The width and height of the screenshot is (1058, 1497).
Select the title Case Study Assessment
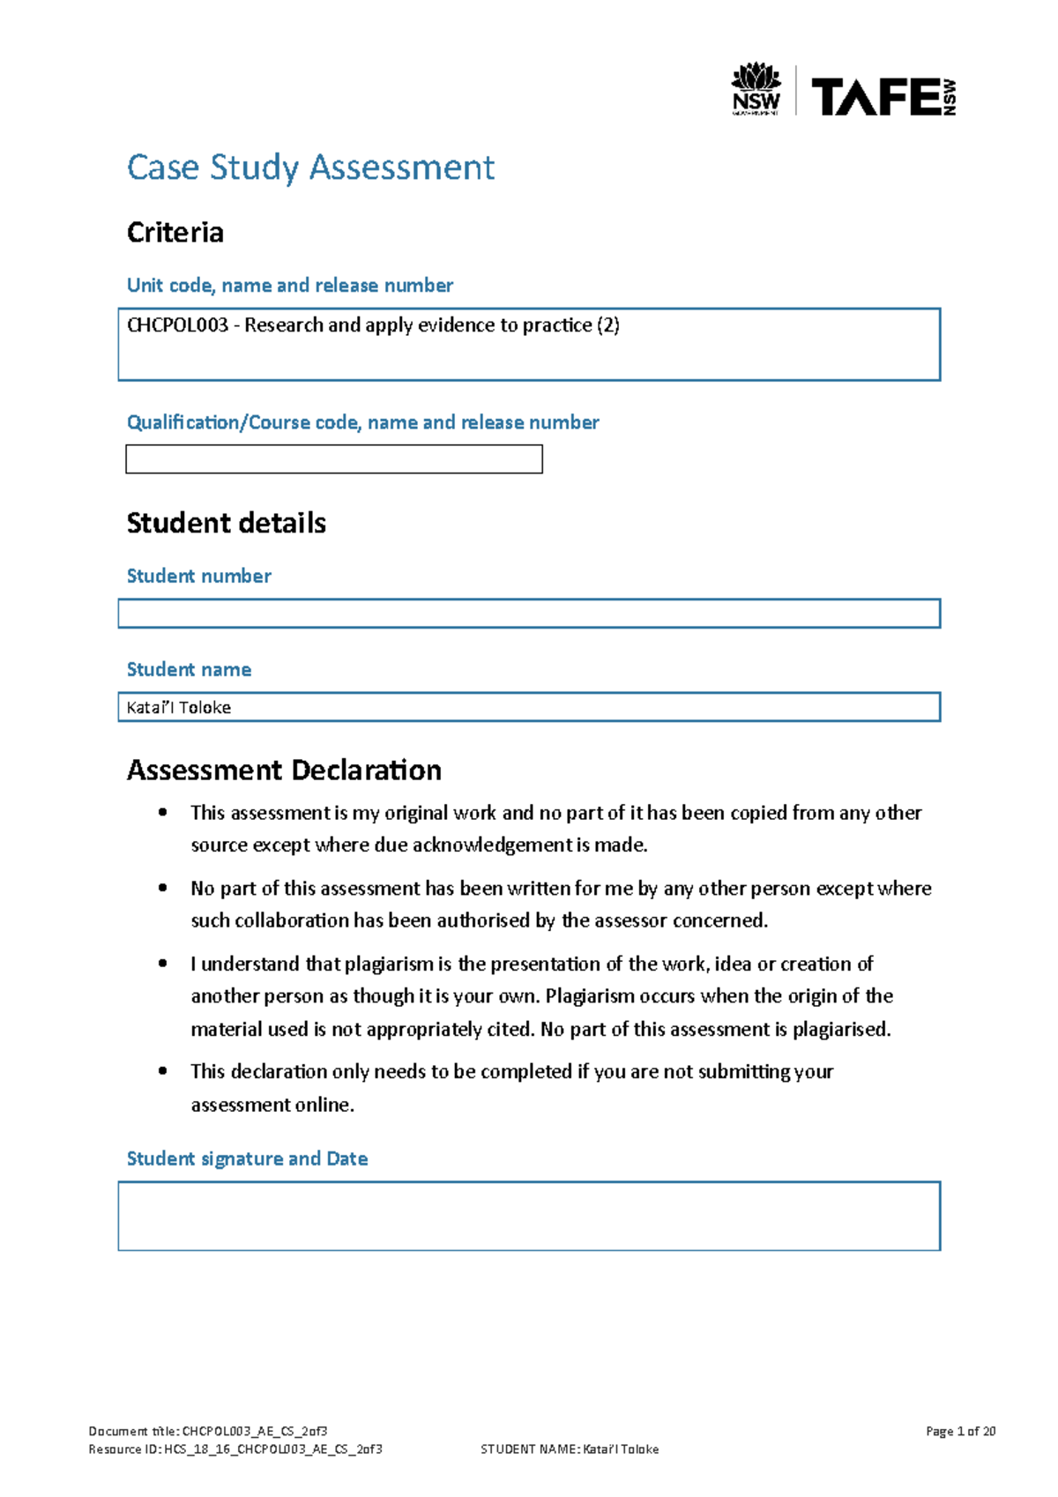[310, 168]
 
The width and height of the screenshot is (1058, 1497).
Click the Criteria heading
[175, 233]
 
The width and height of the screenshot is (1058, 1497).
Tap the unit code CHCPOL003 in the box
[177, 325]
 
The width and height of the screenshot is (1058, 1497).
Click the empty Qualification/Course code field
[333, 459]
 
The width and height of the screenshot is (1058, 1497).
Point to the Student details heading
[227, 523]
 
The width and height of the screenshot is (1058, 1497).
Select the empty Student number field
[529, 614]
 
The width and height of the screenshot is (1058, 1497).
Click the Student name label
[189, 670]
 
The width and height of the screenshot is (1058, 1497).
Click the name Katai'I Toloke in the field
[179, 708]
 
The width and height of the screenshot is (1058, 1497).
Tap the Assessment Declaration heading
[284, 771]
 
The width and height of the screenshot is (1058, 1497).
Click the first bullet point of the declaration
[162, 813]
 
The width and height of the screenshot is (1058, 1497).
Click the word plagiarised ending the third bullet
[840, 1030]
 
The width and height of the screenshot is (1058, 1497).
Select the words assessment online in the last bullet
[272, 1106]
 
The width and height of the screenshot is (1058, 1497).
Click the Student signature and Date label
[247, 1158]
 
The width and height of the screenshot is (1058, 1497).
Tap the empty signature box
[529, 1216]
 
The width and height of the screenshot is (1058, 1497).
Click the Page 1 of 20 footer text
[960, 1431]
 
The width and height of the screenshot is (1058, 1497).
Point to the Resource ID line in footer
[235, 1449]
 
